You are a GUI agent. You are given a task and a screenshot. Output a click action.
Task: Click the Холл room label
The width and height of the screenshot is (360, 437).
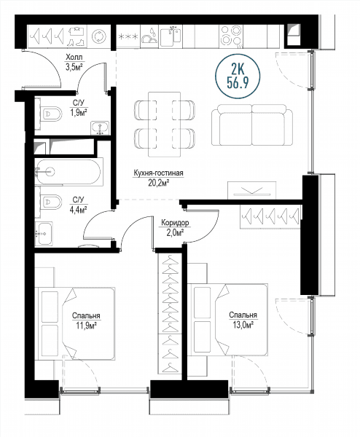74,58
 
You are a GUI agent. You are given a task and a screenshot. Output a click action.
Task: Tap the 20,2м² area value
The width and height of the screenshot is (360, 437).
159,183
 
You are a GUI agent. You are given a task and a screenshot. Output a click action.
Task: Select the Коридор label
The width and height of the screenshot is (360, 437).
175,223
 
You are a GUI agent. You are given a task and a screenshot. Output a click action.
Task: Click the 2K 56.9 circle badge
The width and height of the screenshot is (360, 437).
238,76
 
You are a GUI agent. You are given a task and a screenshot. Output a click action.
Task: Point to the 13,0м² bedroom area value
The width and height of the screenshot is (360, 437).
243,325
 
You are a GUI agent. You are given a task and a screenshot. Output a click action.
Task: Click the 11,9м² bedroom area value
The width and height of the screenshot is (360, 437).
86,326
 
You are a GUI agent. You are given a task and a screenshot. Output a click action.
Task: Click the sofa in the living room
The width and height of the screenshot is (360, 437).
252,125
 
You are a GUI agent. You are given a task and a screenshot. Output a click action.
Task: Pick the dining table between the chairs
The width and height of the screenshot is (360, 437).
165,125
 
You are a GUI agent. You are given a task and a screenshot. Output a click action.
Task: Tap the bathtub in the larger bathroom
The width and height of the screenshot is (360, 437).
69,172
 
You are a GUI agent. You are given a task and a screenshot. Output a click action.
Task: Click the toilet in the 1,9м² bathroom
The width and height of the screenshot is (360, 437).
51,114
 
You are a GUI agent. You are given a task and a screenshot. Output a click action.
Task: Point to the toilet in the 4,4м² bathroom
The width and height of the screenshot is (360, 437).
51,202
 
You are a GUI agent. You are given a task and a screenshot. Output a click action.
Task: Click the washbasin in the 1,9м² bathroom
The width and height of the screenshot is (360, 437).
100,128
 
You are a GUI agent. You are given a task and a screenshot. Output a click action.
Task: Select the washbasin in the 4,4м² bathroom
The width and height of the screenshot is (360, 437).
44,234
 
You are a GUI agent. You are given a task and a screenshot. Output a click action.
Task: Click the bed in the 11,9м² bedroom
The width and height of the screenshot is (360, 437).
77,323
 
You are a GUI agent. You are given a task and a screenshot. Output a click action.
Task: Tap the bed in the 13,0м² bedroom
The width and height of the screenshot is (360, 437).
228,320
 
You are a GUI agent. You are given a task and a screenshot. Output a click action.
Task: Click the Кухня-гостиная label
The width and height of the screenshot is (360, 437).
158,173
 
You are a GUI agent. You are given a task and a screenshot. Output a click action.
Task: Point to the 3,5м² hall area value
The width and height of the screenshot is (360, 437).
74,68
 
